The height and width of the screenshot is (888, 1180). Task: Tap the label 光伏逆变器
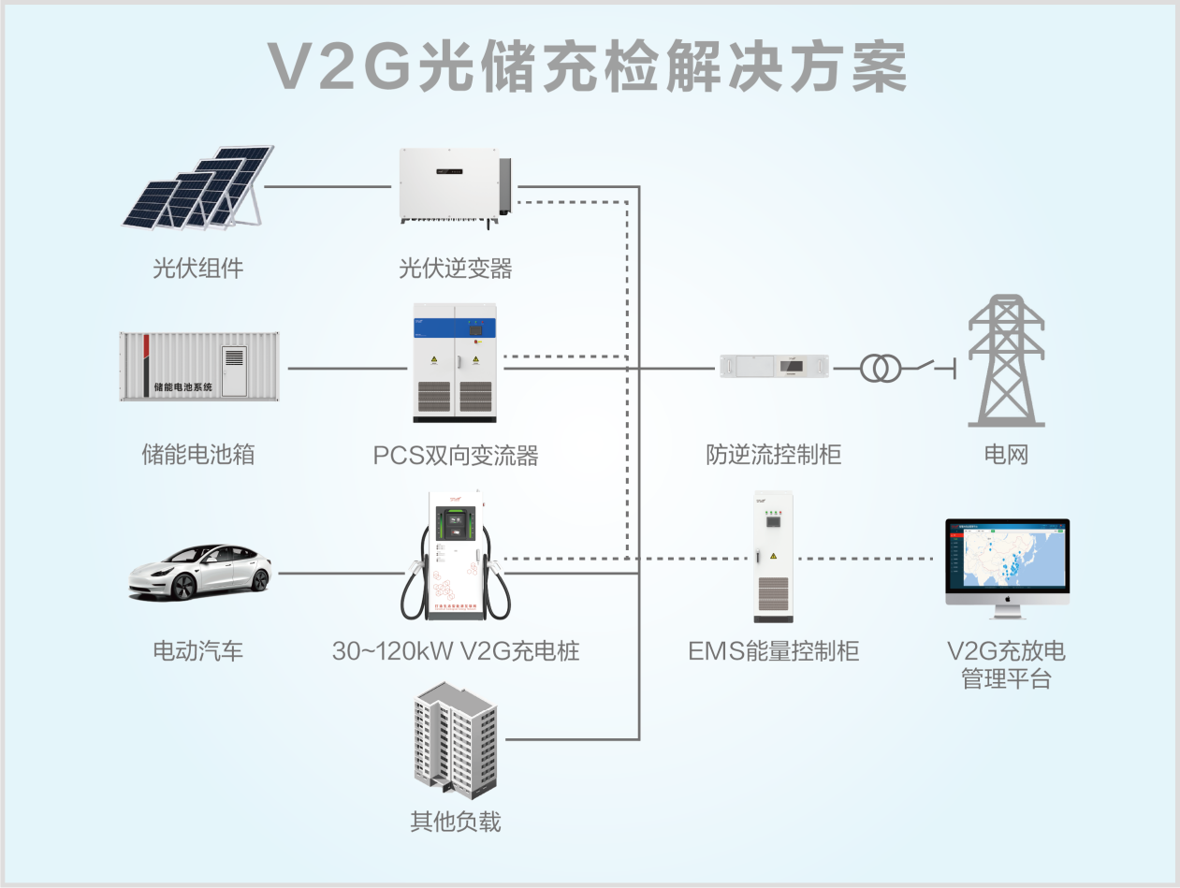click(456, 269)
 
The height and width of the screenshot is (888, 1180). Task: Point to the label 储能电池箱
click(198, 456)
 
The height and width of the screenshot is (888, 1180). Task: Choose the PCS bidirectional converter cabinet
click(454, 363)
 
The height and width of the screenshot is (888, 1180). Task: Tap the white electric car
click(200, 571)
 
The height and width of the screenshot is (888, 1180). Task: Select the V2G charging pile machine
click(456, 556)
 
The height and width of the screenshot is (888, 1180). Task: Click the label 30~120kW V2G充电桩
click(456, 651)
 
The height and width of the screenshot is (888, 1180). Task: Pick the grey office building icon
click(456, 738)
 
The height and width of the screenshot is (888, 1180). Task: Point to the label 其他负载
click(456, 822)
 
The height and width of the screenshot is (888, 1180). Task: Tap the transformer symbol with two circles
click(880, 369)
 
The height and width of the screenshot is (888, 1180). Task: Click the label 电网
click(1006, 456)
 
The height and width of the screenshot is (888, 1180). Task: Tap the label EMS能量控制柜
click(773, 651)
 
